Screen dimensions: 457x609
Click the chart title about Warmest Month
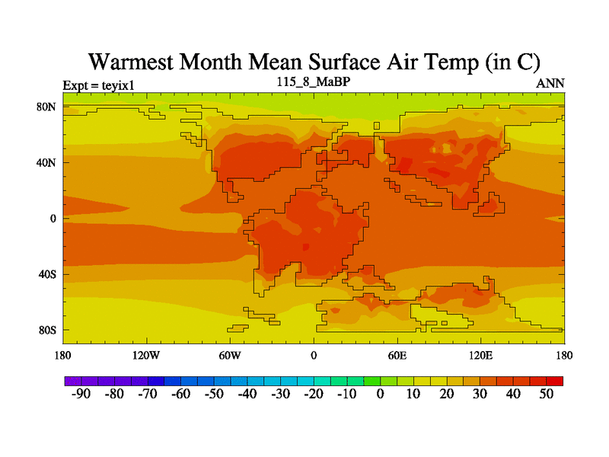coord(314,62)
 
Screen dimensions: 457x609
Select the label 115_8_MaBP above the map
coord(314,81)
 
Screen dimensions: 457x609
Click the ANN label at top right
coord(550,83)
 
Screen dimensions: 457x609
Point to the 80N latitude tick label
coord(47,107)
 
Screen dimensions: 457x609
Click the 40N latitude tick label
coord(47,162)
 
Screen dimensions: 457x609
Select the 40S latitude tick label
coord(47,274)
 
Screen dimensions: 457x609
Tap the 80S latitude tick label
coord(47,330)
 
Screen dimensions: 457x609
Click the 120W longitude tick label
coord(146,355)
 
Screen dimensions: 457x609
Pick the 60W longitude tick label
coord(230,355)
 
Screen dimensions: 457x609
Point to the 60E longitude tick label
coord(397,355)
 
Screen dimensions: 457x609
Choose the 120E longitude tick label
coord(481,355)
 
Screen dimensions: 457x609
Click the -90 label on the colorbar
coord(80,394)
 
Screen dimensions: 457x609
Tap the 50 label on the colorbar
coord(547,394)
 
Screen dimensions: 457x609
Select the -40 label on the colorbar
coord(247,394)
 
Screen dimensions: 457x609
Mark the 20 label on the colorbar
coord(447,394)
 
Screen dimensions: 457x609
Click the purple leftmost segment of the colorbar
coord(72,380)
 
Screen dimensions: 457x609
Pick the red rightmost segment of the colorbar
coord(555,380)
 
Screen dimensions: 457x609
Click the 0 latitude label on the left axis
coord(53,219)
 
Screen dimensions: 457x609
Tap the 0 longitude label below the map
coord(314,355)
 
